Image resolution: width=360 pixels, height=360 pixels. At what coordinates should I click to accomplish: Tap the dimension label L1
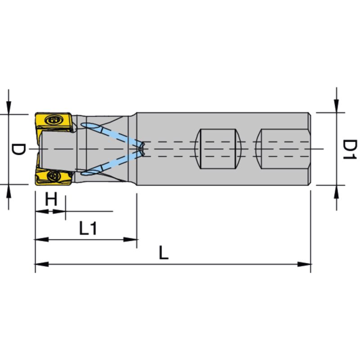tap(89, 229)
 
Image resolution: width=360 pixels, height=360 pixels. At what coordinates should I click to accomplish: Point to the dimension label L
tap(163, 253)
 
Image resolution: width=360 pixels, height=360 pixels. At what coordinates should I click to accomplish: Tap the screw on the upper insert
tap(55, 120)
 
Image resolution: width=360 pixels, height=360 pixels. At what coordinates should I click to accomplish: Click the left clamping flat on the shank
tap(218, 148)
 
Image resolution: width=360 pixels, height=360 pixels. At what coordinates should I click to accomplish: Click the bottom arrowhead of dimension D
tap(9, 190)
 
